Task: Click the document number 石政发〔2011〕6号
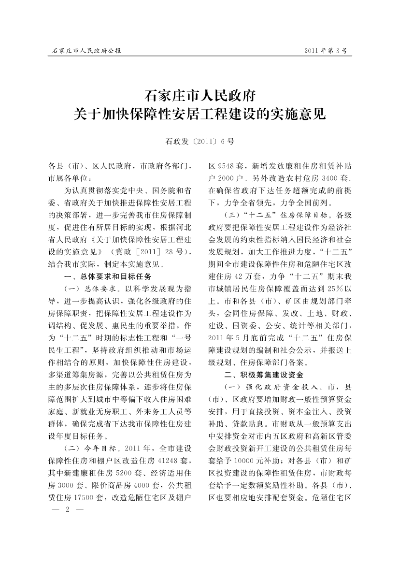tap(199, 142)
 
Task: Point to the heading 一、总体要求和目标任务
tap(108, 276)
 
